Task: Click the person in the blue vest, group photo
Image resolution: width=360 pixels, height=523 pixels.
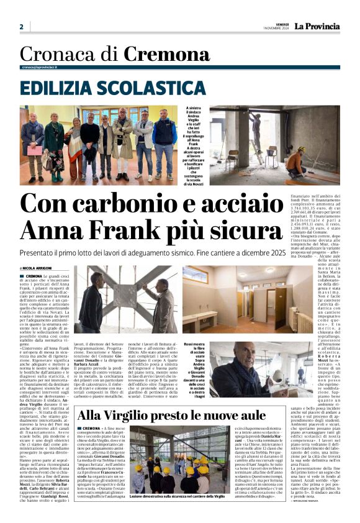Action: pos(164,140)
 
